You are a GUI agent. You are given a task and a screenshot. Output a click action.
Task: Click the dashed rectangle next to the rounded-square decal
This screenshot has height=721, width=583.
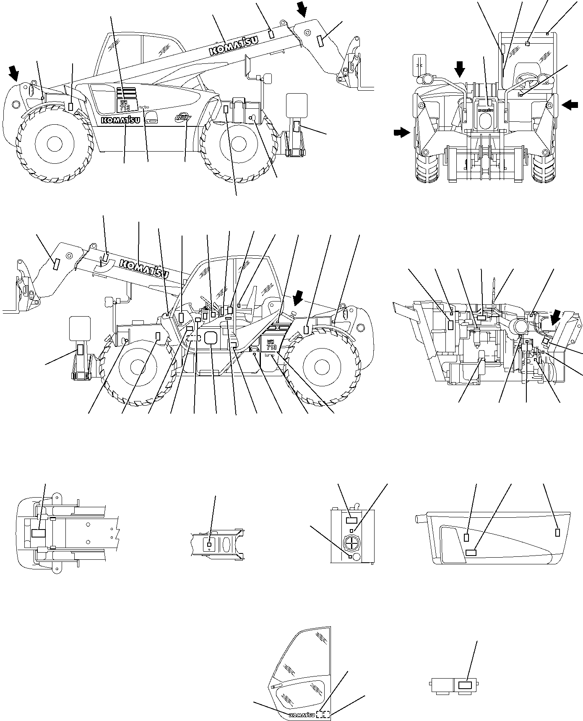tap(194, 338)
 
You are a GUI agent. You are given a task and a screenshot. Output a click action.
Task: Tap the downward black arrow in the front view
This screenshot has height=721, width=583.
tap(460, 69)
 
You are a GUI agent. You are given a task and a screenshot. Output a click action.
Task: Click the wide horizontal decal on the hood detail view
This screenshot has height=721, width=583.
tap(471, 552)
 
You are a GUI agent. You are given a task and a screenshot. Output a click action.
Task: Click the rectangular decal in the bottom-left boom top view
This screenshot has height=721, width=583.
tap(39, 533)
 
